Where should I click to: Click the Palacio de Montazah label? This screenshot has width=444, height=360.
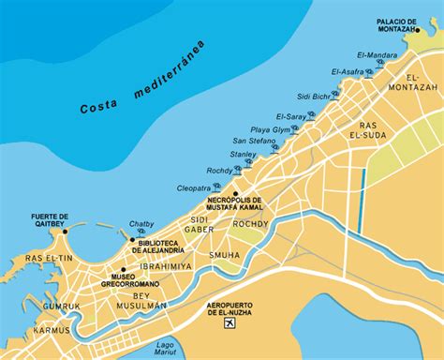403,25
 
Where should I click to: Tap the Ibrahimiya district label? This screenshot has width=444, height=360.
165,265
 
